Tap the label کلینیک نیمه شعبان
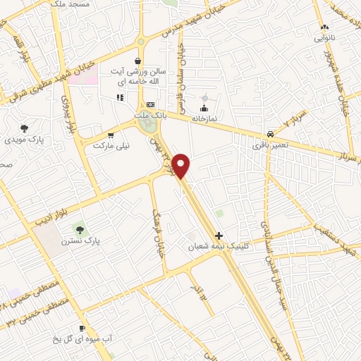(x=213, y=247)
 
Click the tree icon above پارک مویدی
(x=25, y=128)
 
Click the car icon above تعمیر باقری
(x=271, y=134)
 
